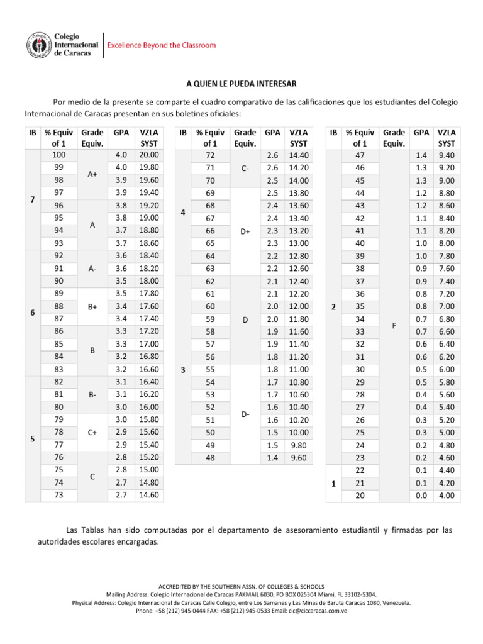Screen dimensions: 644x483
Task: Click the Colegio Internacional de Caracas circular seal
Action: pos(39,45)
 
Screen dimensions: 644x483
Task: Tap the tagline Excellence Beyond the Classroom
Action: pos(162,45)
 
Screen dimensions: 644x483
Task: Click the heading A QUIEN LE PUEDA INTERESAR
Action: pos(241,83)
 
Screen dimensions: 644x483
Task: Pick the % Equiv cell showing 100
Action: pos(58,155)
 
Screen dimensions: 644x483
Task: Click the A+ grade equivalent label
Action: pos(92,174)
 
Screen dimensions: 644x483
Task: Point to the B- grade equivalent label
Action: pos(92,395)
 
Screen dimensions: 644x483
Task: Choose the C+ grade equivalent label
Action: pos(92,433)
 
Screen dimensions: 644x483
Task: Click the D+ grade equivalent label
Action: pos(245,231)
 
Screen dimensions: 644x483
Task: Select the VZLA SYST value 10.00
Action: pos(299,433)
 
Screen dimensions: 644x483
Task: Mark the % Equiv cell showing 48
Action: pos(211,458)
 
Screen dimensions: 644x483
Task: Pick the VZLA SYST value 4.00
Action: pos(447,496)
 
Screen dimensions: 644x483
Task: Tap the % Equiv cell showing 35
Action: pos(360,306)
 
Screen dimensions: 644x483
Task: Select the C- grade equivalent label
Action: pos(245,168)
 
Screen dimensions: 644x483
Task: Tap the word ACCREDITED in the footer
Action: pos(178,586)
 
